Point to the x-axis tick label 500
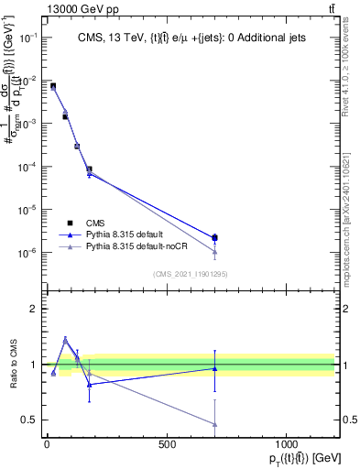click(x=167, y=444)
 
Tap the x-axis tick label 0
click(x=47, y=444)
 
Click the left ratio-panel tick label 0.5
click(x=28, y=420)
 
